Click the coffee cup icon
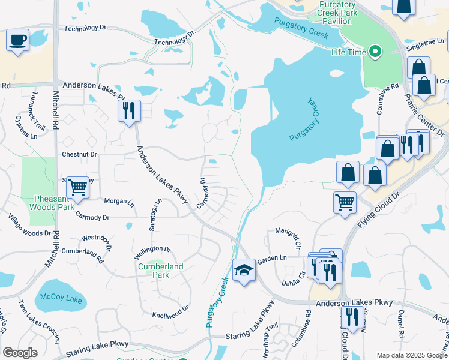17,40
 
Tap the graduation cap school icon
244,271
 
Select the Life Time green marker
376,52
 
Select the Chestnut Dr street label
79,154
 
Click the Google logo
20,353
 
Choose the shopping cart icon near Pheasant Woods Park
77,187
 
